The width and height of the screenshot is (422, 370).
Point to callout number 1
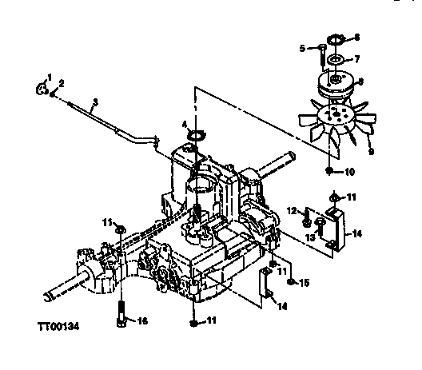point(49,76)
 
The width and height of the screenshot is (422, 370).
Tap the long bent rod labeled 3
point(120,121)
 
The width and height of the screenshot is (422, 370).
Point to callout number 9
point(369,150)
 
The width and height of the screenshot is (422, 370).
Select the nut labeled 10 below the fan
point(329,170)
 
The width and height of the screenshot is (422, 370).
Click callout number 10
point(348,170)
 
